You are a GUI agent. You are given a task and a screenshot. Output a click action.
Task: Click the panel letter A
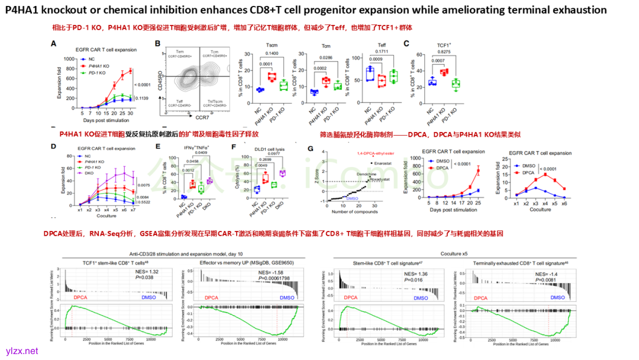53,43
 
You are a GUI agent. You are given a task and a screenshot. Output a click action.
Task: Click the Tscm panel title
272,46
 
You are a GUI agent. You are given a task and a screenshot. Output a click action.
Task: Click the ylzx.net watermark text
21,351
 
